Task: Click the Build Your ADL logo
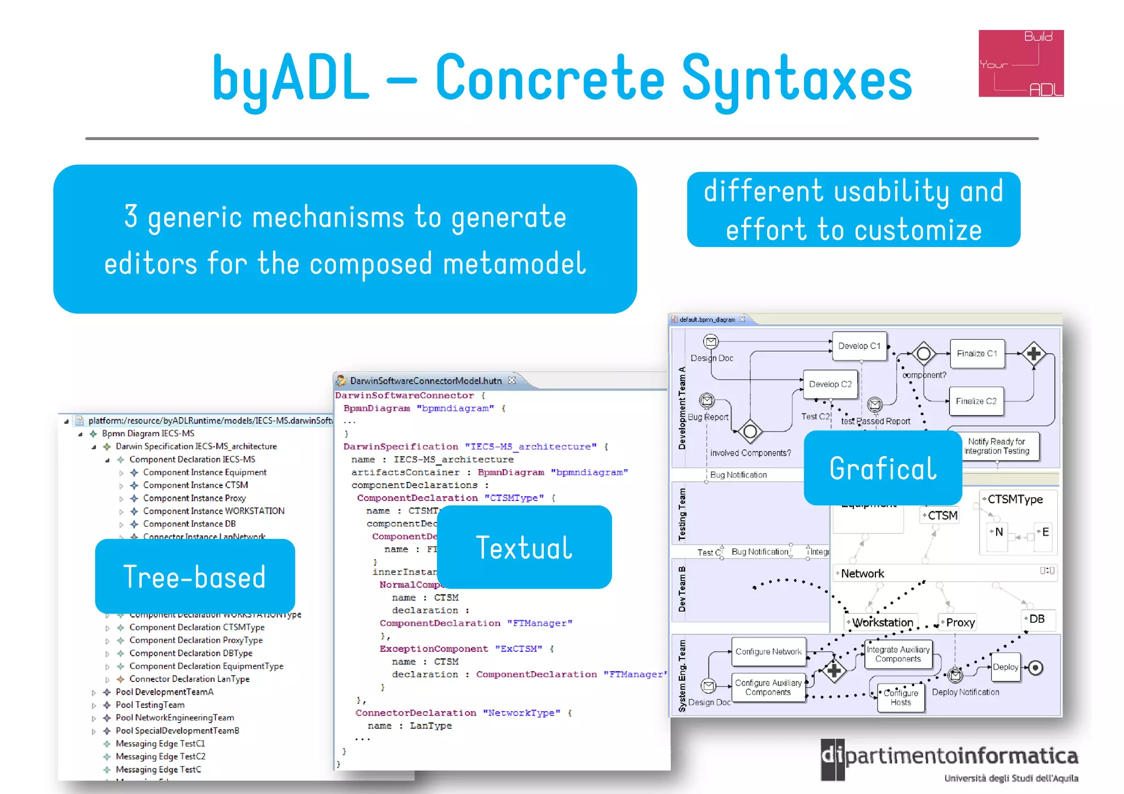click(x=1021, y=64)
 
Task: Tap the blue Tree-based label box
click(x=195, y=576)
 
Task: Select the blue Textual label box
click(x=524, y=547)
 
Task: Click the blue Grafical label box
click(x=883, y=468)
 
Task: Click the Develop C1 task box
click(x=859, y=346)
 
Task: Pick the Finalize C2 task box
click(x=976, y=401)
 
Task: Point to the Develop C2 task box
click(x=830, y=384)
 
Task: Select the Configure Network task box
click(x=768, y=651)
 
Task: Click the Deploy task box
click(x=1005, y=667)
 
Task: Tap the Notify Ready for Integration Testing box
click(x=996, y=446)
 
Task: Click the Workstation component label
click(x=883, y=622)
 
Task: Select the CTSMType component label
click(x=1015, y=499)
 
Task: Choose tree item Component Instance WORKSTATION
click(x=213, y=511)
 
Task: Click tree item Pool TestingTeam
click(x=150, y=705)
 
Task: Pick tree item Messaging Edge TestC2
click(x=160, y=756)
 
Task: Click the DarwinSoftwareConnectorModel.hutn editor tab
click(x=426, y=380)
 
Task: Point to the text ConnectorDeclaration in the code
click(x=415, y=713)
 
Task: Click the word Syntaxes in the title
click(x=796, y=80)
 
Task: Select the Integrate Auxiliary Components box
click(x=898, y=654)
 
